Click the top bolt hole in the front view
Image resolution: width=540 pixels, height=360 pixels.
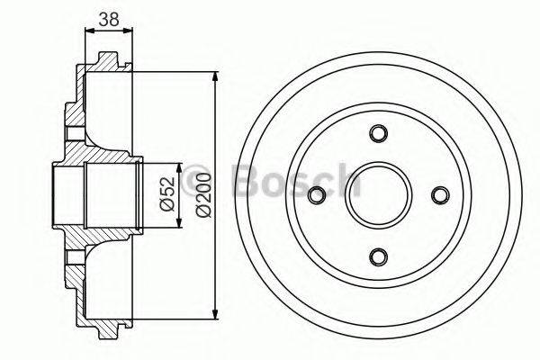379,133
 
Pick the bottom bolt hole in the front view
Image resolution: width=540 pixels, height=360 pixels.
379,256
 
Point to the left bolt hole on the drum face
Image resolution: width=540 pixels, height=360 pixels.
317,194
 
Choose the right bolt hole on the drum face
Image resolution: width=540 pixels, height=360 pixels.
440,194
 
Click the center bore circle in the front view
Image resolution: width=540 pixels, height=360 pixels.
379,194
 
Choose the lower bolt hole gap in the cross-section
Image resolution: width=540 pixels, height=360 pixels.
72,256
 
